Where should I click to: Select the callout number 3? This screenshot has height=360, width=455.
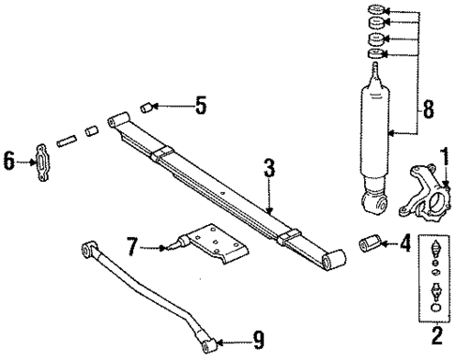[x=268, y=170]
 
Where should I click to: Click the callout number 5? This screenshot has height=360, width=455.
[x=200, y=106]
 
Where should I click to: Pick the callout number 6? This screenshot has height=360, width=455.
[x=10, y=161]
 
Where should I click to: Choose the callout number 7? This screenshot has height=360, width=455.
[x=132, y=246]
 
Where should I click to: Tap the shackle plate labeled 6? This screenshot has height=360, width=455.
[x=44, y=162]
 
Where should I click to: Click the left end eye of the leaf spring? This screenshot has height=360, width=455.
[x=118, y=120]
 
